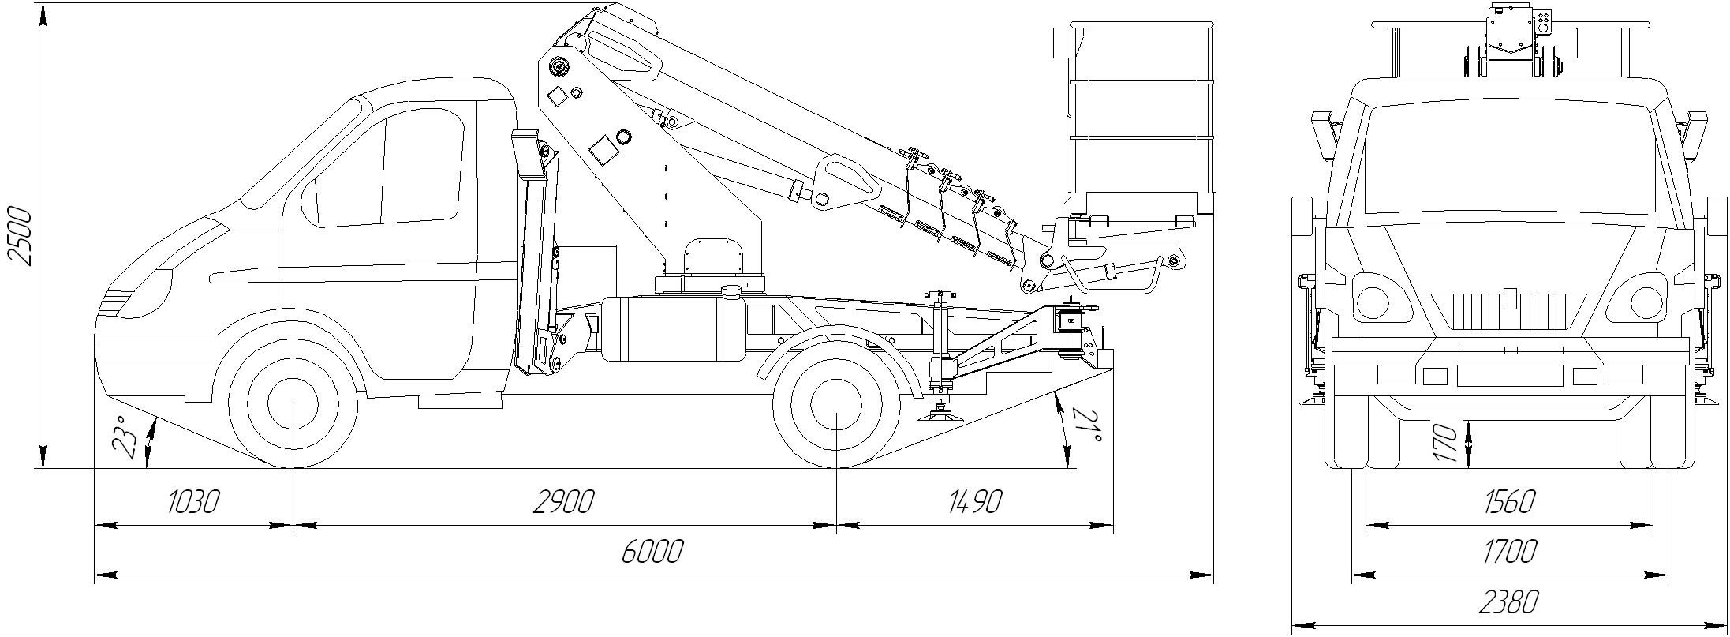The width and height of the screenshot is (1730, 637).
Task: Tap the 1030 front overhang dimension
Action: point(192,502)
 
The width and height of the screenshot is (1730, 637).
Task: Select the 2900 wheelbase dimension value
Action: point(562,502)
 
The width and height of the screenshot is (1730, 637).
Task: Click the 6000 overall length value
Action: point(652,552)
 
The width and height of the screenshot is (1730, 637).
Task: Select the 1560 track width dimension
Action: point(1510,502)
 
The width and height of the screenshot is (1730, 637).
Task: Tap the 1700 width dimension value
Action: point(1510,551)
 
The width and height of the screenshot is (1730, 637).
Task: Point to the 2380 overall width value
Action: point(1510,602)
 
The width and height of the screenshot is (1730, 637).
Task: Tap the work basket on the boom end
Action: point(1139,118)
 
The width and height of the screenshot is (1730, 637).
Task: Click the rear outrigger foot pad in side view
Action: point(940,416)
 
